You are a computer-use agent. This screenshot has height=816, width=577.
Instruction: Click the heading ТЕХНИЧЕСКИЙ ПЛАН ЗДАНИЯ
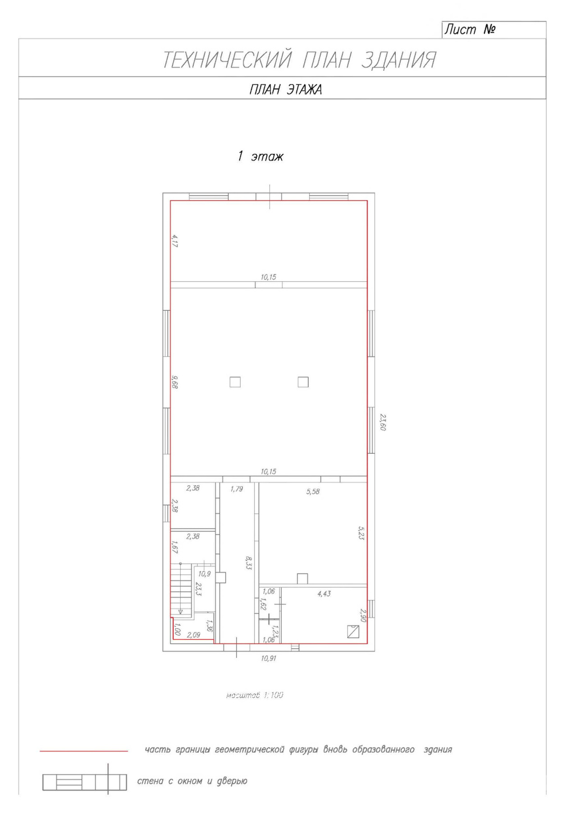(299, 60)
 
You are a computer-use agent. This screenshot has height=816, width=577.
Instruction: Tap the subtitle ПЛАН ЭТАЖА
(286, 90)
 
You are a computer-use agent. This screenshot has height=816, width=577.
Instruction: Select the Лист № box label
(470, 30)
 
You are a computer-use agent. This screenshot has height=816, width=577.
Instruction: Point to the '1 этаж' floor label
(261, 156)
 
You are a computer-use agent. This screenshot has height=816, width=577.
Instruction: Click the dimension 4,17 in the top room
(175, 241)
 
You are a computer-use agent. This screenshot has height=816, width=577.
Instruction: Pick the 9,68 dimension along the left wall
(175, 382)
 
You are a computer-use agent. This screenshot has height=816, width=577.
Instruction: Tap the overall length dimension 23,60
(383, 423)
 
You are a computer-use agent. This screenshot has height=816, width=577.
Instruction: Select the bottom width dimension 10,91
(269, 658)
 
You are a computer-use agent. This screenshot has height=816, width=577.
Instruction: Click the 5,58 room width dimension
(313, 492)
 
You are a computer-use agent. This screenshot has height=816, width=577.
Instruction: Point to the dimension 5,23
(361, 533)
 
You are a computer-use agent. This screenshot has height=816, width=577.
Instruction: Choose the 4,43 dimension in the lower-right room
(324, 594)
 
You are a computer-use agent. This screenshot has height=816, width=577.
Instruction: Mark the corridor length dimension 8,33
(248, 563)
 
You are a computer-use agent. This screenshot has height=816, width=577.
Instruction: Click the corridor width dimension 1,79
(237, 489)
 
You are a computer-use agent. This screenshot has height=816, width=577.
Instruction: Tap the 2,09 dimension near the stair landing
(193, 635)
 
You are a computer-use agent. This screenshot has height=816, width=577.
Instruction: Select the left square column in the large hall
(235, 382)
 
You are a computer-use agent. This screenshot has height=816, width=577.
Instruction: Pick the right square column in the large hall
(303, 382)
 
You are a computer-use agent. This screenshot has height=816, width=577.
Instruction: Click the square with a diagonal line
(353, 632)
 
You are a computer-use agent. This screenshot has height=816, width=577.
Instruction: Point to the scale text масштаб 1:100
(255, 695)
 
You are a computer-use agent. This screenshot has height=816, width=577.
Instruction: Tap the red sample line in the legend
(84, 751)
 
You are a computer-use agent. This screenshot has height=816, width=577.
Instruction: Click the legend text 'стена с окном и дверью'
(192, 781)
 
